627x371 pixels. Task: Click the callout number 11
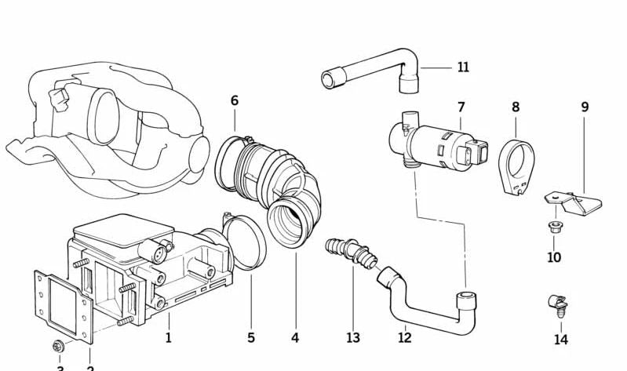(463, 67)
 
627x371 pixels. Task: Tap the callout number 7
(461, 107)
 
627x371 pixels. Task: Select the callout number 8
(516, 107)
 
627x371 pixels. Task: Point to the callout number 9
(585, 107)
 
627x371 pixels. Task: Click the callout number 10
(553, 256)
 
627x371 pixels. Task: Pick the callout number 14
(560, 340)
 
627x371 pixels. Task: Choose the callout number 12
(404, 338)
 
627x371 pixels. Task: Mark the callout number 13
(353, 338)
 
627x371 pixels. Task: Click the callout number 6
(234, 100)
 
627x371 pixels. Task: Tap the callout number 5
(251, 338)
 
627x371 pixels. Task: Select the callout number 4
(295, 338)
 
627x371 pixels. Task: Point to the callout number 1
(168, 338)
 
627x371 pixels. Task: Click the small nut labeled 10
(553, 229)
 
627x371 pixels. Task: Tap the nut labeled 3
(60, 346)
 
